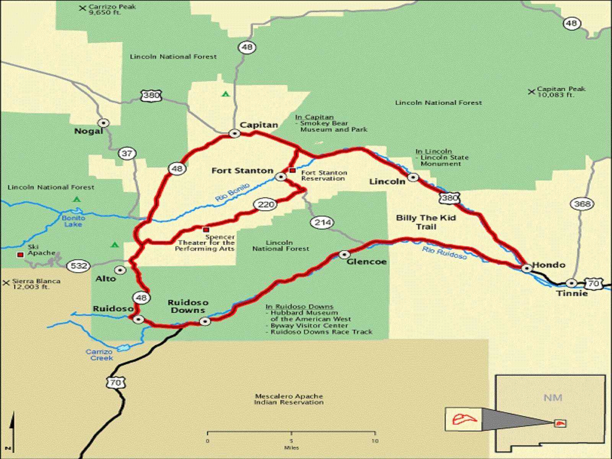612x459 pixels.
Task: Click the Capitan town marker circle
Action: tap(234, 133)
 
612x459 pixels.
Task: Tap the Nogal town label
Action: tap(88, 131)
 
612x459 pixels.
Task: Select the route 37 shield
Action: tap(127, 154)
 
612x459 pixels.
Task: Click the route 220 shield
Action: tap(266, 205)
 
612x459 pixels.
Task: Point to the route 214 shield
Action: tap(322, 223)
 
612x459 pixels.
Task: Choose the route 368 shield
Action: tap(582, 204)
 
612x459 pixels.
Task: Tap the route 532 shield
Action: tap(79, 266)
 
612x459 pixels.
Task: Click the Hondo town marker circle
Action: tap(527, 269)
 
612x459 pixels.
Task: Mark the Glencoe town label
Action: tap(366, 262)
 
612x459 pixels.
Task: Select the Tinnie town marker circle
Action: tap(571, 283)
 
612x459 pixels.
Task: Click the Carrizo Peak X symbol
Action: tap(82, 8)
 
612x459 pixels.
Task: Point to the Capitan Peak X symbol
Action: tap(531, 92)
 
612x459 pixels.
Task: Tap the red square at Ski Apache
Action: tap(20, 254)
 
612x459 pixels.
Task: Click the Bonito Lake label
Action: tap(73, 221)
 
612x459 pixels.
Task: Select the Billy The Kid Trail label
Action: tap(426, 222)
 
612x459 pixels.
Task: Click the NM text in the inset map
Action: tap(553, 398)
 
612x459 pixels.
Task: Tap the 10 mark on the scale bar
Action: tap(375, 441)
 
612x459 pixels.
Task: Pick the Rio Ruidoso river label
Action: tap(444, 253)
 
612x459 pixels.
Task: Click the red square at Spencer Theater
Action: tap(206, 230)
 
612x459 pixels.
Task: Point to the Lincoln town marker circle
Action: tap(413, 177)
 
